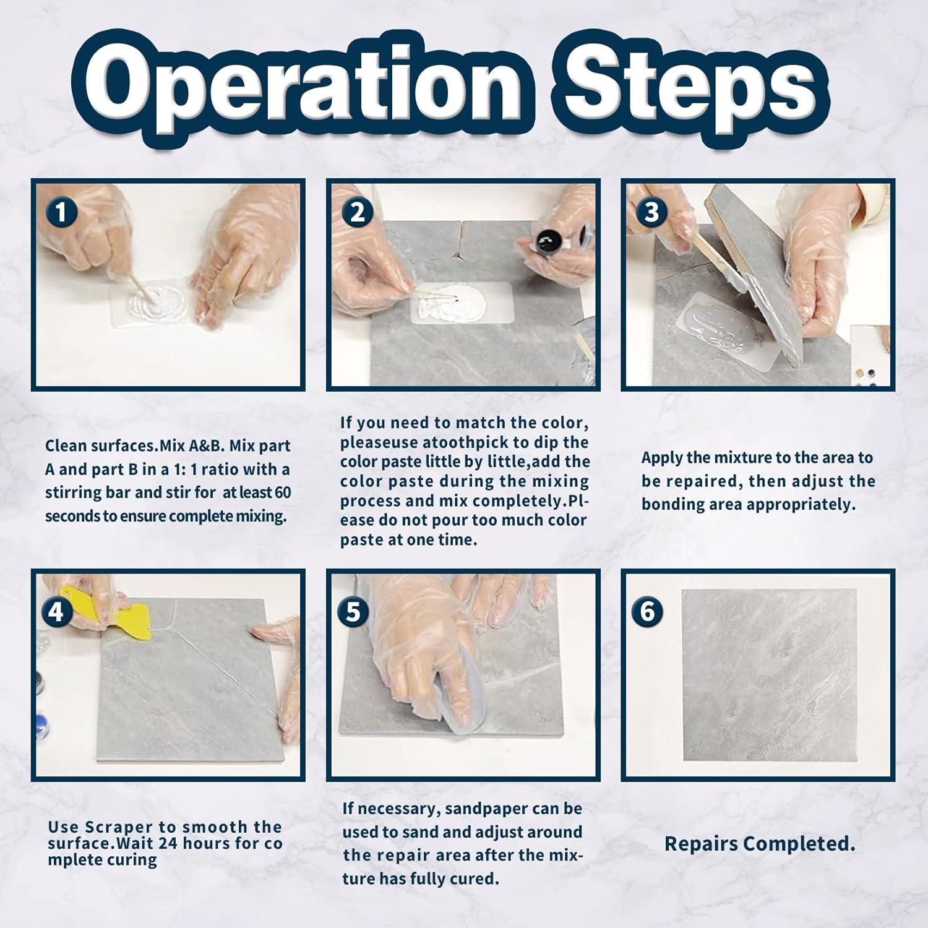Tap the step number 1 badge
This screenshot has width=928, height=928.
click(61, 212)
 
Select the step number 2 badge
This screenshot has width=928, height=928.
click(357, 212)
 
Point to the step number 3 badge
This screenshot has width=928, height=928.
click(651, 212)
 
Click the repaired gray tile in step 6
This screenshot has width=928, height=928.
click(769, 676)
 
